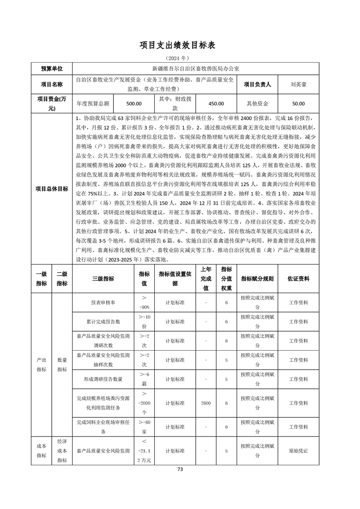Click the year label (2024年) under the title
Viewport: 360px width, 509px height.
[x=180, y=59]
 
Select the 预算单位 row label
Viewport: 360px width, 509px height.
[x=51, y=69]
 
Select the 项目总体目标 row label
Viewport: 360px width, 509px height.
[x=51, y=189]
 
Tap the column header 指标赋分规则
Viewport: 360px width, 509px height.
[x=257, y=279]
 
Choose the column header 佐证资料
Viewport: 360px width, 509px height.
[x=298, y=279]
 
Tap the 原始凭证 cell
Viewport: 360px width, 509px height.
[x=298, y=451]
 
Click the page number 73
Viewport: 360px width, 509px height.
[x=180, y=470]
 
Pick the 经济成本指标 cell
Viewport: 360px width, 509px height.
[x=62, y=450]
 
